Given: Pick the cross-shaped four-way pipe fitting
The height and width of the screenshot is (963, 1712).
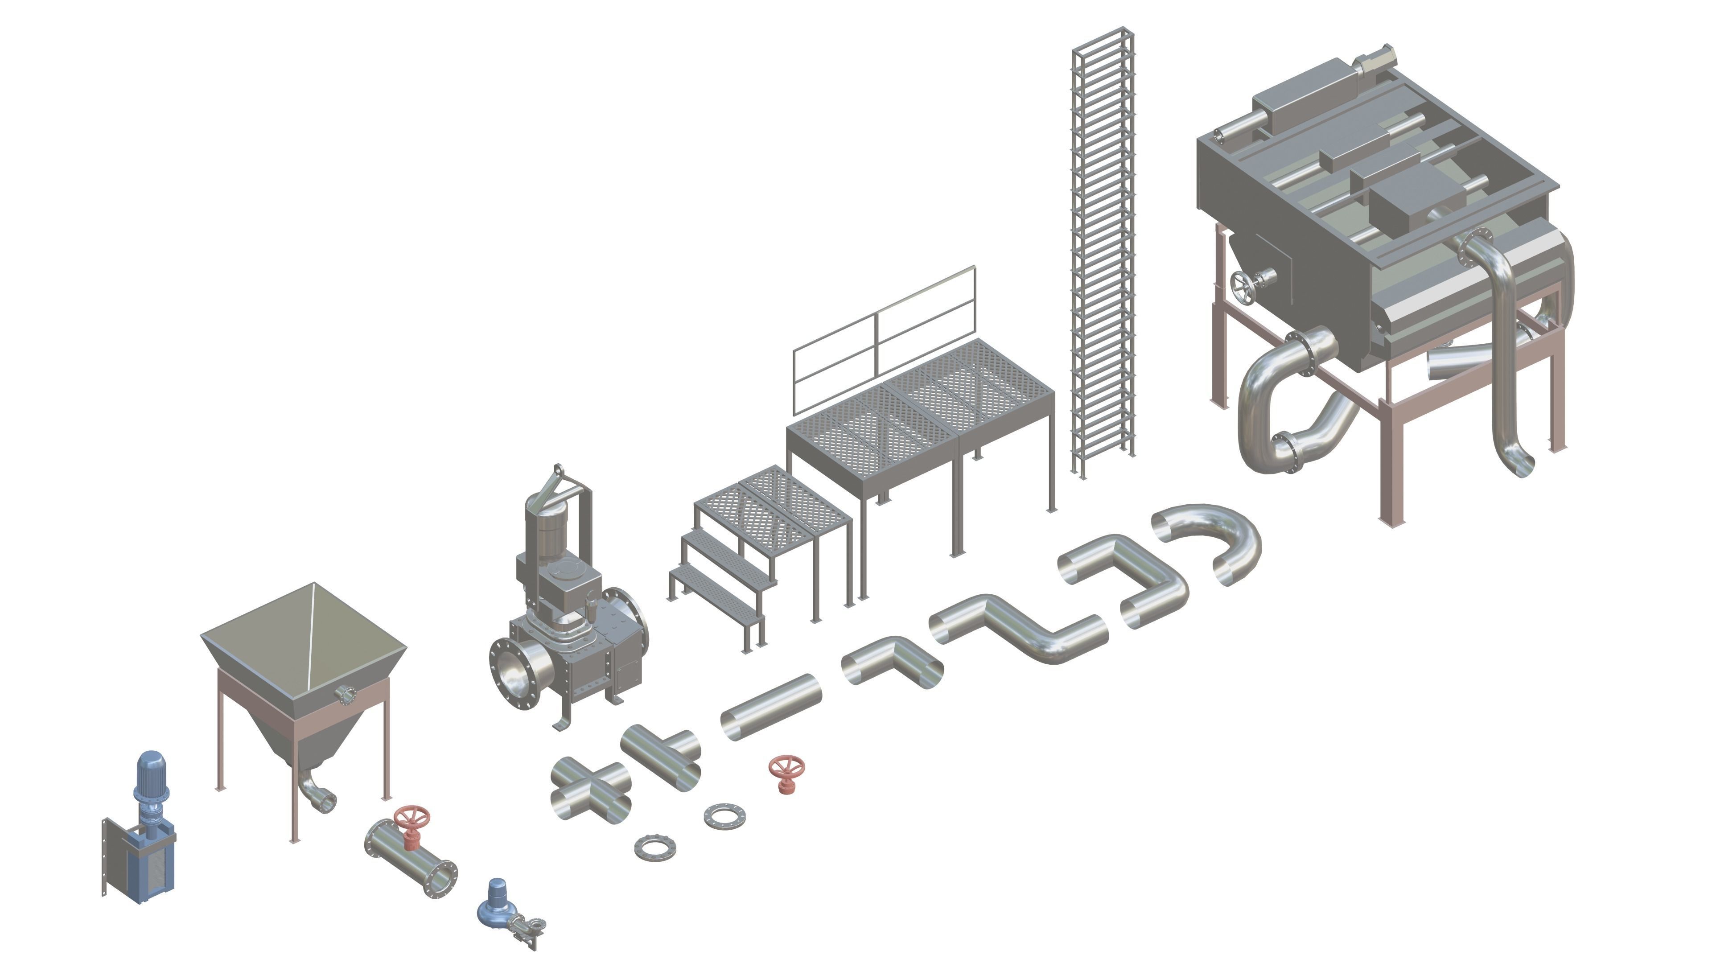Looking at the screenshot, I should click(x=591, y=790).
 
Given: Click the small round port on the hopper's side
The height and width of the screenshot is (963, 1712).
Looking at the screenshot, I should click(x=344, y=695).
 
